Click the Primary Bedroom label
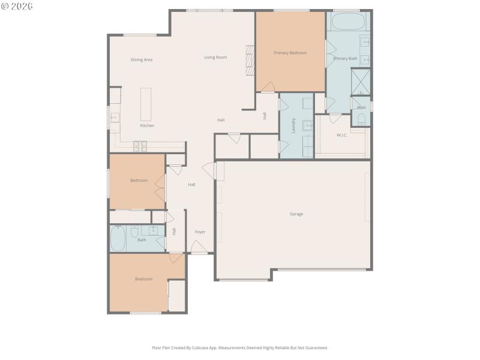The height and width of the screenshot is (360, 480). pyautogui.click(x=290, y=53)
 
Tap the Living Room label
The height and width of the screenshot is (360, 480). pyautogui.click(x=215, y=58)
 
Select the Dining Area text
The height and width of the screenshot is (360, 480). pyautogui.click(x=142, y=60)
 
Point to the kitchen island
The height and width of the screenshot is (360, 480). pyautogui.click(x=146, y=104)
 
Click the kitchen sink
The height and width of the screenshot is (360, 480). pyautogui.click(x=114, y=118)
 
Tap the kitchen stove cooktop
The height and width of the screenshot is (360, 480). pyautogui.click(x=140, y=145)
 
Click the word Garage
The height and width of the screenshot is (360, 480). pyautogui.click(x=296, y=214)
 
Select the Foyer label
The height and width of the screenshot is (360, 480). pyautogui.click(x=200, y=232)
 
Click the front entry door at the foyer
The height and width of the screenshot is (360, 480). pyautogui.click(x=199, y=247)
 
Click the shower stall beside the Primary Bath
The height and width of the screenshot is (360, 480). pyautogui.click(x=361, y=82)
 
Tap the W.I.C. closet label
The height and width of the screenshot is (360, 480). pyautogui.click(x=343, y=135)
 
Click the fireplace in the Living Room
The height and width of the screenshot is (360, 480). pyautogui.click(x=250, y=61)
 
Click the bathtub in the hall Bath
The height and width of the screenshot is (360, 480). pyautogui.click(x=118, y=238)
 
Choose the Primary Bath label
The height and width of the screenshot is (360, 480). pyautogui.click(x=345, y=58)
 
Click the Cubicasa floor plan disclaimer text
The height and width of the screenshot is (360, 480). pyautogui.click(x=240, y=347)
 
